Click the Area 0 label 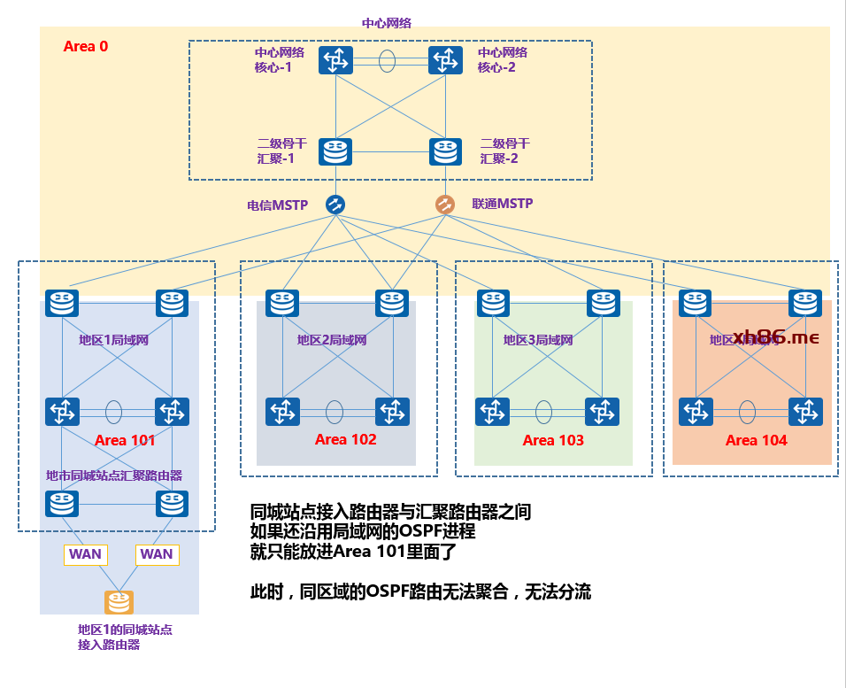tap(86, 46)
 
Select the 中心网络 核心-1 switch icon tap(336, 60)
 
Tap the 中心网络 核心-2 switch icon tap(445, 60)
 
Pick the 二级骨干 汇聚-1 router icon tap(336, 151)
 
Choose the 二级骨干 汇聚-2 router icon tap(445, 151)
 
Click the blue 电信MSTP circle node tap(335, 205)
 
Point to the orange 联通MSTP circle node tap(444, 205)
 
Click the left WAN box tap(85, 554)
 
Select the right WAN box tap(157, 554)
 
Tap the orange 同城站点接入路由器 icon tap(118, 603)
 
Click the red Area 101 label tap(125, 440)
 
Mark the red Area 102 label tap(345, 439)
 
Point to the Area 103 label tap(553, 440)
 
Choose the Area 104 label tap(756, 440)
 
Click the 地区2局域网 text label tap(332, 340)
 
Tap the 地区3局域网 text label tap(538, 340)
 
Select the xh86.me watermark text tap(776, 337)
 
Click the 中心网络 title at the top tap(387, 23)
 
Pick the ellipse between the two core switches tap(388, 61)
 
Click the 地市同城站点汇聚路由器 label tap(114, 475)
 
